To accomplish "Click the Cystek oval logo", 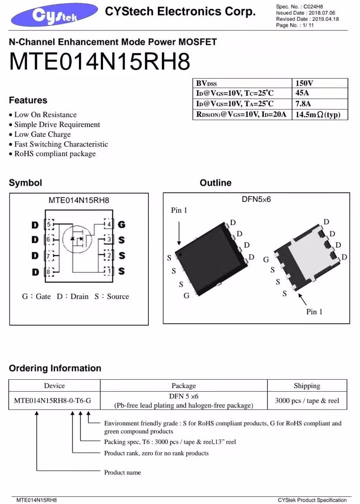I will click(x=54, y=15).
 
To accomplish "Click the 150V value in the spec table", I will click(x=304, y=83).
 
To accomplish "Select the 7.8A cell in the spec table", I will click(x=303, y=104).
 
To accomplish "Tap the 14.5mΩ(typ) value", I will click(x=318, y=114).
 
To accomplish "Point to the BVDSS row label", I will click(x=206, y=83).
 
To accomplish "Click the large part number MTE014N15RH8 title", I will click(x=99, y=61).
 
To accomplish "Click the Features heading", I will click(x=28, y=100).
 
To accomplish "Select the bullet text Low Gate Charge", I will click(x=42, y=134).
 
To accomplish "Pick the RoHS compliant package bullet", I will click(x=55, y=154).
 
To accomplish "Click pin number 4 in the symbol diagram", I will click(x=108, y=224).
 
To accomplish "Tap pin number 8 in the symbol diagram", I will click(x=48, y=272).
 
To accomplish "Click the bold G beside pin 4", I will click(x=122, y=225).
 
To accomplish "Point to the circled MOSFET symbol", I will click(x=77, y=239).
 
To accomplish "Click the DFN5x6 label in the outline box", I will click(x=256, y=199).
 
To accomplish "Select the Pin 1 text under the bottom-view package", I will click(x=314, y=312).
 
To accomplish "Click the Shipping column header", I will click(x=307, y=385).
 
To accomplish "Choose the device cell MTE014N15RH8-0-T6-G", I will click(x=53, y=400).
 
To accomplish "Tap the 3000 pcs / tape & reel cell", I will click(x=307, y=400).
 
